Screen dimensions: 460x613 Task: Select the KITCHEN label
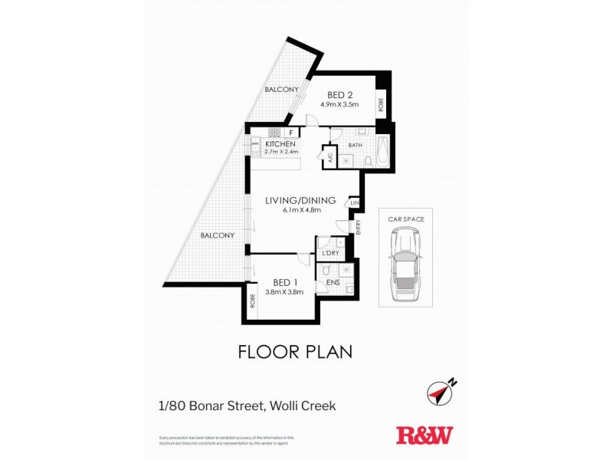(x=280, y=143)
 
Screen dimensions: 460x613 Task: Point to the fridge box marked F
(x=291, y=132)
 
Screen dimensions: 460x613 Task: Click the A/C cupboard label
(x=330, y=159)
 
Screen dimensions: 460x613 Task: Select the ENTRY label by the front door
(x=357, y=226)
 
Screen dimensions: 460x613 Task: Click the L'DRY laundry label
(x=331, y=253)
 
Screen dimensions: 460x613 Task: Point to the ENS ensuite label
(x=333, y=283)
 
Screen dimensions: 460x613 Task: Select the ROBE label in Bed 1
(x=252, y=301)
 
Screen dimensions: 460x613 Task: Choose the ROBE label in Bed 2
(x=380, y=103)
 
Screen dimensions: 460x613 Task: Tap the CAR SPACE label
(x=405, y=219)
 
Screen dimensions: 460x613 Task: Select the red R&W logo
(x=424, y=435)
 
